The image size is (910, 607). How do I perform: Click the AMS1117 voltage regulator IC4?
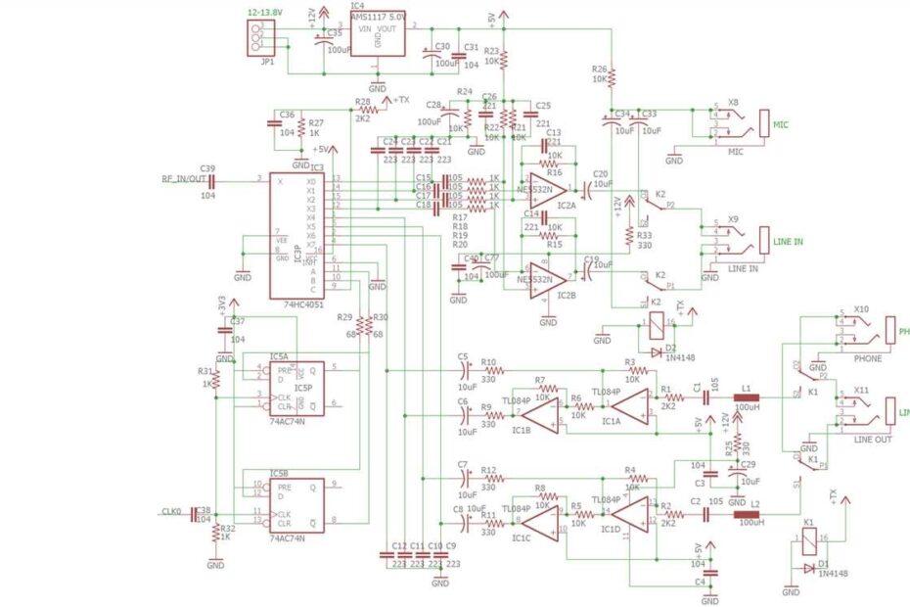click(x=377, y=34)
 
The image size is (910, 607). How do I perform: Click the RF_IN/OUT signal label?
click(x=184, y=178)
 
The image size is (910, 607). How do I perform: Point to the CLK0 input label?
click(x=171, y=510)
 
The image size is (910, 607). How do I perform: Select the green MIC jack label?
click(x=780, y=124)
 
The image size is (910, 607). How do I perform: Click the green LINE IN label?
click(x=787, y=241)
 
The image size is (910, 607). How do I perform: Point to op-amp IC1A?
click(x=631, y=407)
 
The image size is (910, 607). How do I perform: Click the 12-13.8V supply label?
click(x=265, y=12)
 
